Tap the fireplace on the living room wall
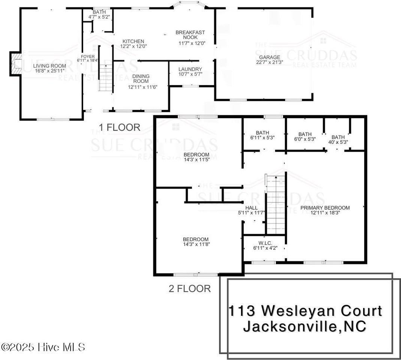click(x=16, y=64)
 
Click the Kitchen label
click(x=133, y=41)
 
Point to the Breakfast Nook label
click(x=190, y=35)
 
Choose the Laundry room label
click(x=190, y=69)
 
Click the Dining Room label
click(x=141, y=79)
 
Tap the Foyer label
click(x=86, y=57)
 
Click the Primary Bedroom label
click(x=325, y=208)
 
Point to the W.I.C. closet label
click(x=265, y=243)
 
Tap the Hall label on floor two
click(x=251, y=208)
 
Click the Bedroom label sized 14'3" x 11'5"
click(x=196, y=154)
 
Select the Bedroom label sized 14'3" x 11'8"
click(x=195, y=240)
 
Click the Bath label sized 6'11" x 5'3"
click(x=262, y=133)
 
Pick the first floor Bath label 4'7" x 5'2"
click(x=97, y=12)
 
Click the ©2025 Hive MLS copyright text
click(x=43, y=347)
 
